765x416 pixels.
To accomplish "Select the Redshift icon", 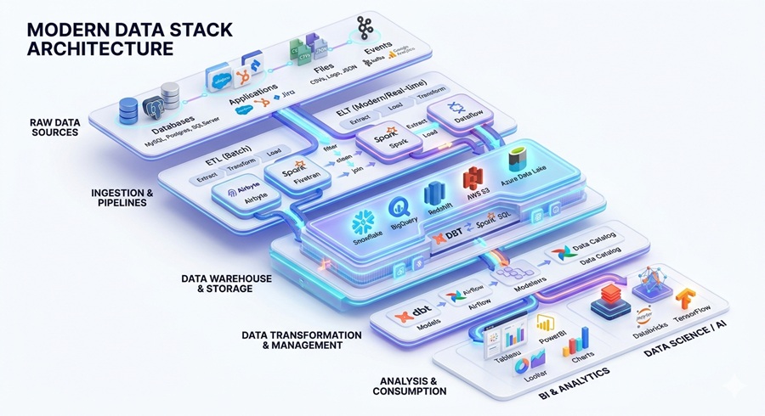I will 435,194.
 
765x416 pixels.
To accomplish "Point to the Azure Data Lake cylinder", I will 515,160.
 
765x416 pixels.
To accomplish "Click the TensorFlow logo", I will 686,299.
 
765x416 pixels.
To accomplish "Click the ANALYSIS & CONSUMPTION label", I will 409,385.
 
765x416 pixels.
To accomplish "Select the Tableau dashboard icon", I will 496,343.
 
